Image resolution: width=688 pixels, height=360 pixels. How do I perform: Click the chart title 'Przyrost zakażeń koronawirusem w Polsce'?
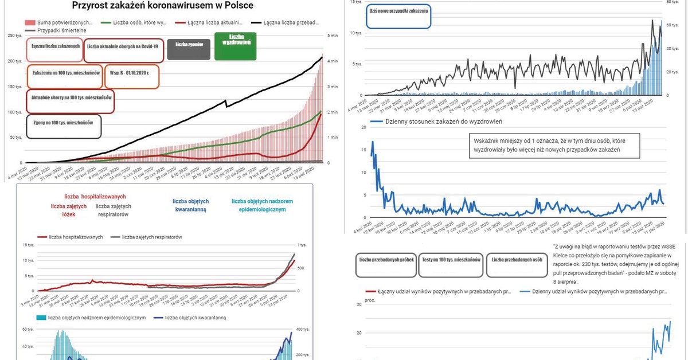[x=163, y=5]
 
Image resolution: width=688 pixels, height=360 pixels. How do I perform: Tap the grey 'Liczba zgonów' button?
[x=189, y=45]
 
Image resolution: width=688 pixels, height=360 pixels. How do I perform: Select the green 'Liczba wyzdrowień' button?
[x=235, y=46]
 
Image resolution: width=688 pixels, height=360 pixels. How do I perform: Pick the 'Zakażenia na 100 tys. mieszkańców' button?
[x=65, y=76]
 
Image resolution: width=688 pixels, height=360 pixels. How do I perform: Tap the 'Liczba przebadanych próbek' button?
[x=385, y=264]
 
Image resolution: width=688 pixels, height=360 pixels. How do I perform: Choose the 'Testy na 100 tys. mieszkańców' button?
[x=451, y=264]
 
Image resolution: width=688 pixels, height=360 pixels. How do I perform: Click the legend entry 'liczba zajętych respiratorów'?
[x=152, y=237]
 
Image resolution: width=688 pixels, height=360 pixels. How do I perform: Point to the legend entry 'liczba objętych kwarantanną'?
[x=195, y=318]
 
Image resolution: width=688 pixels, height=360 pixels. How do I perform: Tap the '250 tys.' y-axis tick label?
[x=15, y=36]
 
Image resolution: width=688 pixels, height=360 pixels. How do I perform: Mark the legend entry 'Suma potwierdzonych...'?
[x=64, y=22]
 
